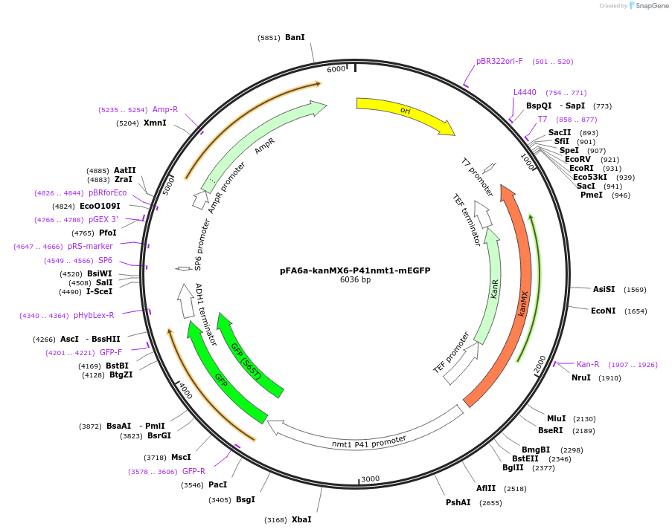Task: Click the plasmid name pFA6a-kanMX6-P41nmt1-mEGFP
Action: (x=355, y=270)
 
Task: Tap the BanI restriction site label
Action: (x=295, y=37)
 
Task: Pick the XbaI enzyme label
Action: (x=301, y=519)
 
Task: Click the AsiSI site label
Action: (x=604, y=289)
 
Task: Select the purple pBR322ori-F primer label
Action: (x=499, y=61)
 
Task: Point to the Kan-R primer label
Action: (x=588, y=364)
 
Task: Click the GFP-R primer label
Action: (x=193, y=471)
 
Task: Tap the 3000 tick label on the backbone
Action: (x=370, y=479)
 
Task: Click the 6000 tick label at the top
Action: (x=336, y=69)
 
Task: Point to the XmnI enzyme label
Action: (x=155, y=123)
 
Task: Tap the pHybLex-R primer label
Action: (x=94, y=315)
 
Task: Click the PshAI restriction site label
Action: (x=458, y=502)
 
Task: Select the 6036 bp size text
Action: (x=355, y=280)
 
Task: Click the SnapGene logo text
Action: (x=651, y=6)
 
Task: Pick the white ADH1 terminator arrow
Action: (x=186, y=301)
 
